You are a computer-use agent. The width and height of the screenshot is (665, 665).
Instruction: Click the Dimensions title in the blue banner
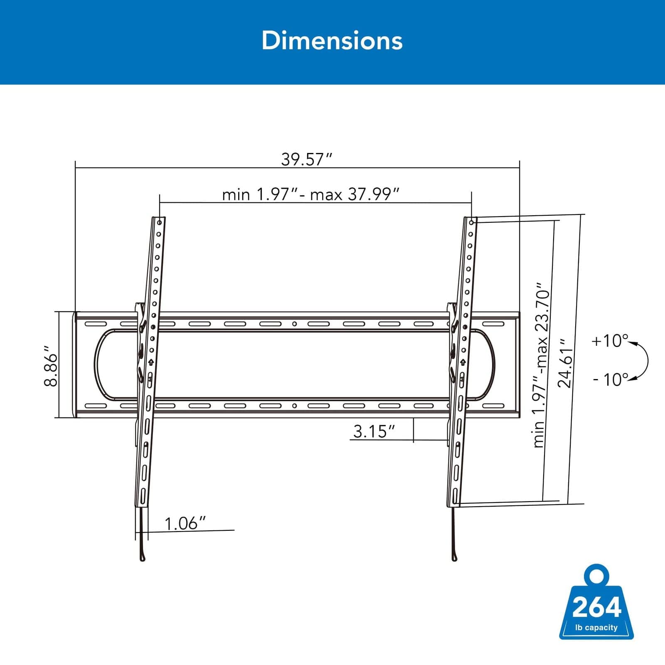tap(332, 41)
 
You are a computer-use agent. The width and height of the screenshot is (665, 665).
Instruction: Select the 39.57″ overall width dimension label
tap(307, 159)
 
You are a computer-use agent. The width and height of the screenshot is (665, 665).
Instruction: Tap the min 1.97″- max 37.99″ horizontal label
tap(310, 194)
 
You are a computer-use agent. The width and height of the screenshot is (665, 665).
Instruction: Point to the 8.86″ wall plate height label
tap(51, 365)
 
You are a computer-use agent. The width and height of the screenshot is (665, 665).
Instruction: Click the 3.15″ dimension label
tap(373, 431)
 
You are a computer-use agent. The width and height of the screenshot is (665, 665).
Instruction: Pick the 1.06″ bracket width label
tap(185, 524)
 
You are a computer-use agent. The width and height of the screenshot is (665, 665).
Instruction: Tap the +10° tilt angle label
tap(609, 341)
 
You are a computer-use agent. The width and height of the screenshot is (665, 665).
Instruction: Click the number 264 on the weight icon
tap(596, 607)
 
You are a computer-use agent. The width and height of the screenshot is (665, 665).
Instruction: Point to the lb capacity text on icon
tap(596, 628)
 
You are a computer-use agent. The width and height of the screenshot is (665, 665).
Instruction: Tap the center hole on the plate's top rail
tap(294, 324)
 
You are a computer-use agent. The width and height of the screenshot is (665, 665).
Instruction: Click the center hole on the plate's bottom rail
tap(294, 406)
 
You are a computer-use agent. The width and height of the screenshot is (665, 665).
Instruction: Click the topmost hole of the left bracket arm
tap(160, 223)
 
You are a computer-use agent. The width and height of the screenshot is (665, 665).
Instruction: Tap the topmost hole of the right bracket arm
tap(472, 223)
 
